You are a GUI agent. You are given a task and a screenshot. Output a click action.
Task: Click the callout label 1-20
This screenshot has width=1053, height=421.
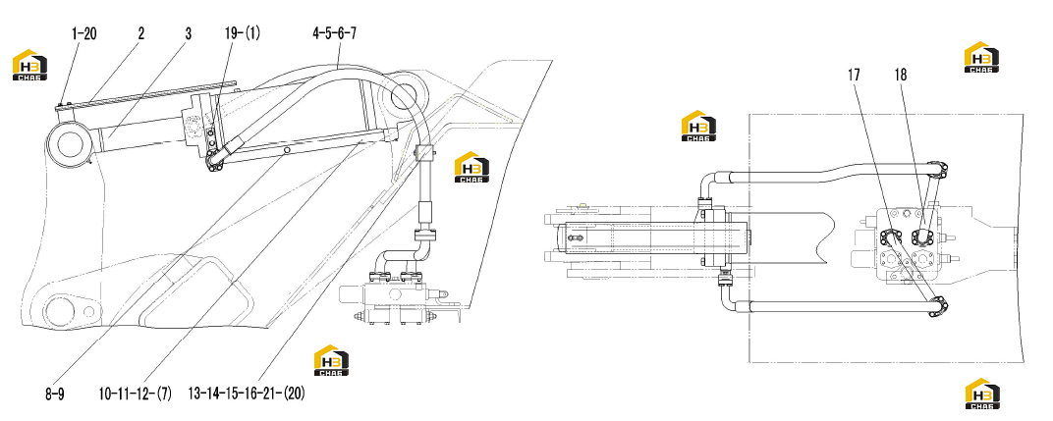83,33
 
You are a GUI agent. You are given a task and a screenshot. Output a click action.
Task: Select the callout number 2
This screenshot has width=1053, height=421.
141,33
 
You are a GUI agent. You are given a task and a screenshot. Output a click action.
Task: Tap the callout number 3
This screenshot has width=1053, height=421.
188,33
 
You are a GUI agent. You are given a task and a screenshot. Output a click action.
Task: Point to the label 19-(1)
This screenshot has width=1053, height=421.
243,33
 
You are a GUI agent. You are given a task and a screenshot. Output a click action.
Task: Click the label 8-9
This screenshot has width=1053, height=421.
54,395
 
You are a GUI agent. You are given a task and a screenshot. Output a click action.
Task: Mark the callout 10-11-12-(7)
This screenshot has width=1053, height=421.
135,395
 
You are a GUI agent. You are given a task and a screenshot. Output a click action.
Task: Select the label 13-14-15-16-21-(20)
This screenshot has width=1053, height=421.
247,395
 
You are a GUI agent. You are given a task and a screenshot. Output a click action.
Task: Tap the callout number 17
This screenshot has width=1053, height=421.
854,76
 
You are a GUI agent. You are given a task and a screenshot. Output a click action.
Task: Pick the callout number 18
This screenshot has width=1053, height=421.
901,76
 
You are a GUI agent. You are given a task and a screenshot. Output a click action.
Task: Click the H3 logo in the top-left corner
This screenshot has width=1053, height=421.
30,65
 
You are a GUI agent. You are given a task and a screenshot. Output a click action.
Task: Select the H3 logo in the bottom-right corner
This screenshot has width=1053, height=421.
982,394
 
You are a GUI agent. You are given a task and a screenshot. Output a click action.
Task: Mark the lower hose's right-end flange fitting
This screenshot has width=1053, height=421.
938,307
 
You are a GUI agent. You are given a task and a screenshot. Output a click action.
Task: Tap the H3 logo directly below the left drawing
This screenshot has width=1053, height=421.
332,360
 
